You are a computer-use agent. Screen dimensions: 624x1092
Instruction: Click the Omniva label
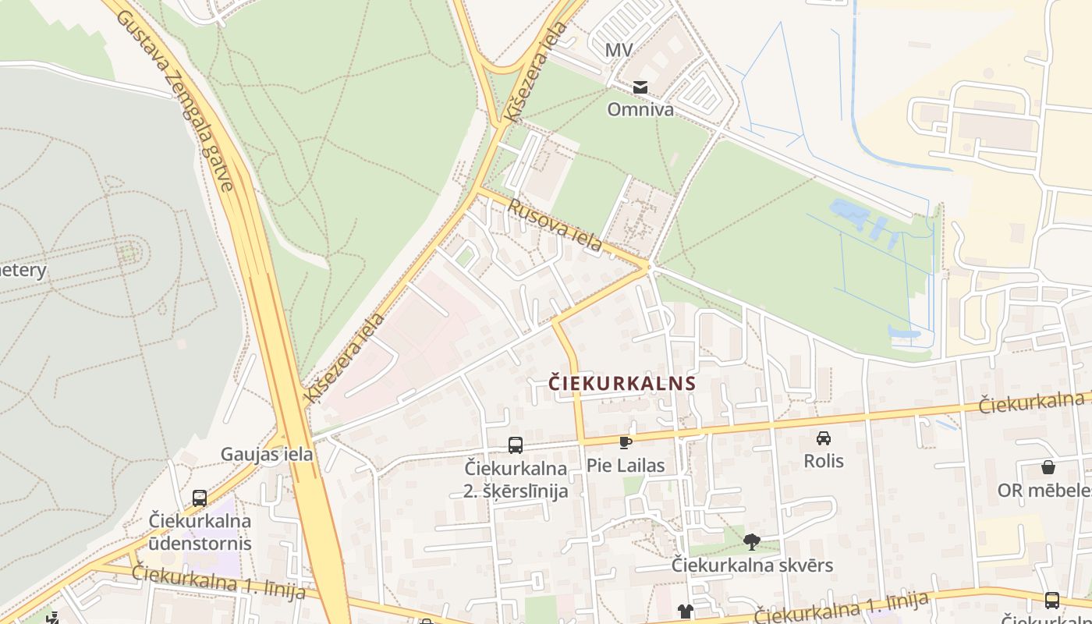(640, 109)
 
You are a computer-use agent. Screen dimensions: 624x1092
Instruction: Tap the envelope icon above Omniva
(640, 87)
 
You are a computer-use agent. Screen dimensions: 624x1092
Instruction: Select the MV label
(619, 51)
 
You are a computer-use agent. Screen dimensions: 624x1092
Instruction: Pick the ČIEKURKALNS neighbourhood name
(621, 383)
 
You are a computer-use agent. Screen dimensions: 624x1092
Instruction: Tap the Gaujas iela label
(267, 454)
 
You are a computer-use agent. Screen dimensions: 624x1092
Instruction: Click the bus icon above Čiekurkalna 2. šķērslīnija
(515, 445)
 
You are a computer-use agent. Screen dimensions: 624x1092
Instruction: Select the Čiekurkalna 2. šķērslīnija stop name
(516, 480)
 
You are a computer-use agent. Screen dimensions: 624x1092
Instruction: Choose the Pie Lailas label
(626, 466)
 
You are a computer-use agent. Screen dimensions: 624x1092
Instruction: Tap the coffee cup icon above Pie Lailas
(625, 442)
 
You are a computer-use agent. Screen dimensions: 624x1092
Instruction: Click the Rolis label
(824, 460)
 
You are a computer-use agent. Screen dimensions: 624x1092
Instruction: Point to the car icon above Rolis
(824, 438)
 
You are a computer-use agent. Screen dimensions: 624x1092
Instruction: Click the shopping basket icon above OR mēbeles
(1048, 467)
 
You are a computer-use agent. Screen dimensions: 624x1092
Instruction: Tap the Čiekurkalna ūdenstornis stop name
(200, 531)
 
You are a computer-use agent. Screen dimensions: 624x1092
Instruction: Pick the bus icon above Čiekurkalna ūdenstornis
(200, 498)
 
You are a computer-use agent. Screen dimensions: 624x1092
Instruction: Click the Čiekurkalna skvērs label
(752, 565)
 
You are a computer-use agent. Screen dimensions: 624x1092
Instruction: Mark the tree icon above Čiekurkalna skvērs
(752, 541)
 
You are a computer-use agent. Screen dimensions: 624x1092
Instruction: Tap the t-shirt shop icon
(685, 612)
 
